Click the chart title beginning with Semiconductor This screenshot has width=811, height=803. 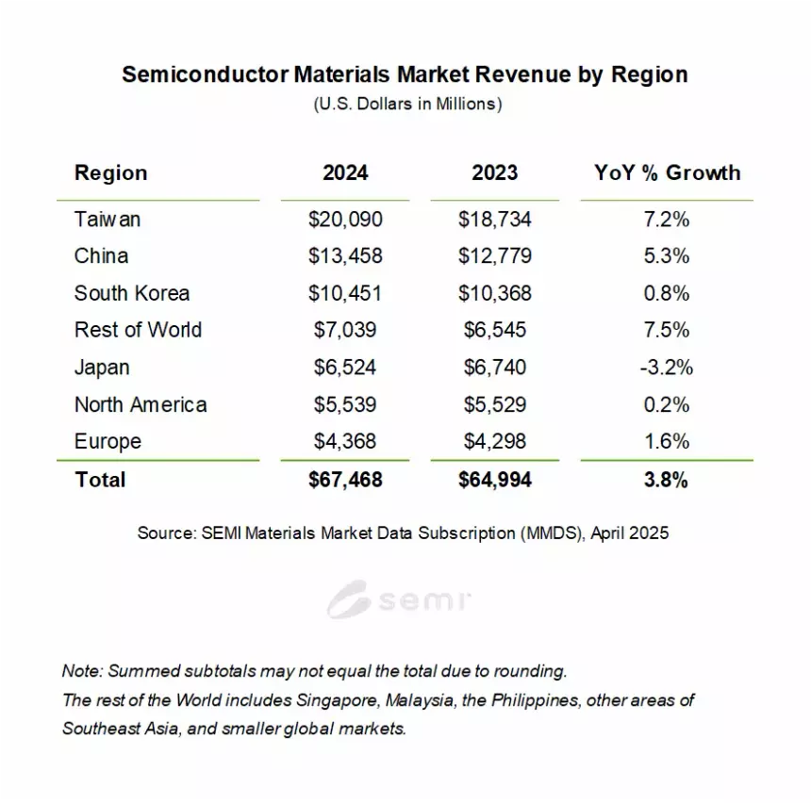coord(405,74)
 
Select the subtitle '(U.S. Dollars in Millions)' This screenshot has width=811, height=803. coord(406,104)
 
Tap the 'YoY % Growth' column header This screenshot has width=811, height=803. coord(667,172)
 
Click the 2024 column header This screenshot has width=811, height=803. coord(345,172)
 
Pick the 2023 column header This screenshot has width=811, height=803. coord(495,172)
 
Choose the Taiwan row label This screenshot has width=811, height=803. coord(108,219)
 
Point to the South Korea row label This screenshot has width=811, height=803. coord(132,293)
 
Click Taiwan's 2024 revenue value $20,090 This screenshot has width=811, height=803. coord(345,219)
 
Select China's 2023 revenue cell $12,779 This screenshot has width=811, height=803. coord(495,255)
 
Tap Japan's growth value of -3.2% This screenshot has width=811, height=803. coord(666,367)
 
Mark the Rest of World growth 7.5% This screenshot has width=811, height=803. coord(666,330)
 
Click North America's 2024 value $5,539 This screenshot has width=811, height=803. coord(345,404)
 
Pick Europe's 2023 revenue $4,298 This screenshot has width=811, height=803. coord(495,441)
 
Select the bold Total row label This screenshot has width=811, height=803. coord(100,480)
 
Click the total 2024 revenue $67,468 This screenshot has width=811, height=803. coord(345,480)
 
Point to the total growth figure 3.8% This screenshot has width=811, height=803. coord(666,480)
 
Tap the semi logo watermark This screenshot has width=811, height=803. coord(400,599)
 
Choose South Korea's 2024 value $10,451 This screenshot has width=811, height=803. coord(345,293)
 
